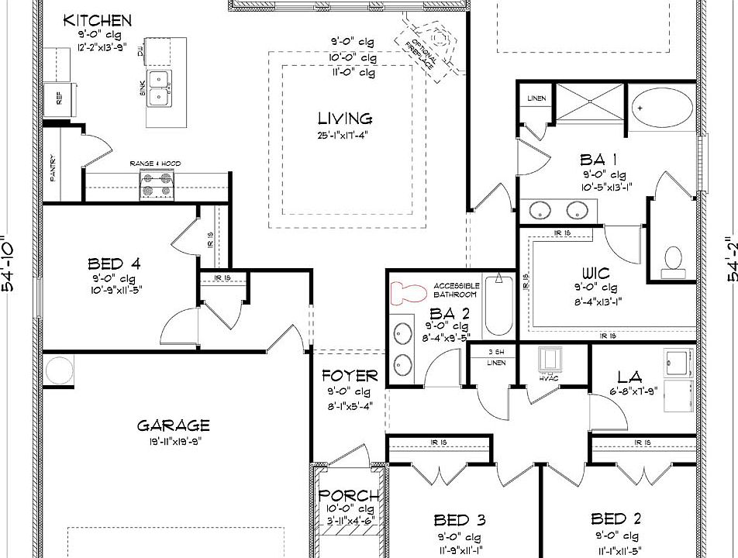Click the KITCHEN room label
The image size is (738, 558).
click(98, 20)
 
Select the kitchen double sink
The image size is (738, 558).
click(160, 86)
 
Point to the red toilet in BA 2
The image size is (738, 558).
click(409, 292)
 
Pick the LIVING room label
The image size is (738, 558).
click(345, 119)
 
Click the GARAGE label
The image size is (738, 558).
click(174, 425)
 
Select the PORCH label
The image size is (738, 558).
click(349, 496)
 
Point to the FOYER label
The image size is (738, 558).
click(350, 376)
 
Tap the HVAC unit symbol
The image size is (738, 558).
click(551, 360)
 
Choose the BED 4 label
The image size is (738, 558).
click(114, 264)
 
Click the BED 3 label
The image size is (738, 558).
click(460, 519)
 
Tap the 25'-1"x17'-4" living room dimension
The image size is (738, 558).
click(345, 135)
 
